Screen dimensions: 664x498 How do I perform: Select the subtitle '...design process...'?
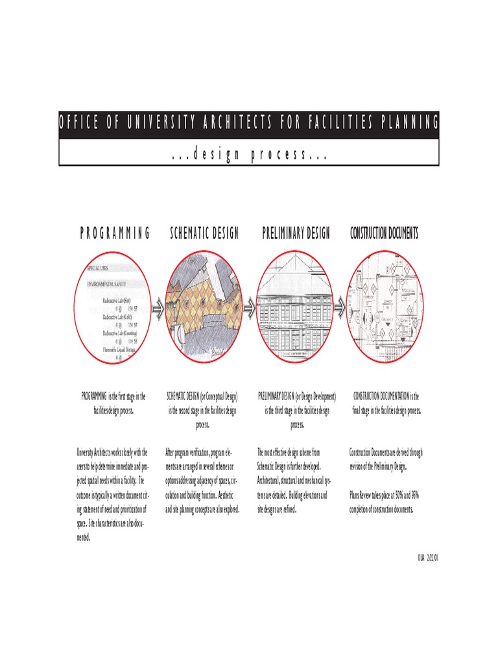click(x=249, y=154)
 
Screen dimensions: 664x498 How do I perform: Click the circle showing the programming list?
click(x=113, y=308)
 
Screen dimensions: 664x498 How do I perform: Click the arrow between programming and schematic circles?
click(x=158, y=309)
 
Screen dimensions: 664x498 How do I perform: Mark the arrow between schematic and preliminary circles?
click(x=249, y=309)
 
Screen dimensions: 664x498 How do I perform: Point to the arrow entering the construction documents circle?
click(x=340, y=309)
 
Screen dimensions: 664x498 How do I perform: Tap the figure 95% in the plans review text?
click(x=414, y=495)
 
